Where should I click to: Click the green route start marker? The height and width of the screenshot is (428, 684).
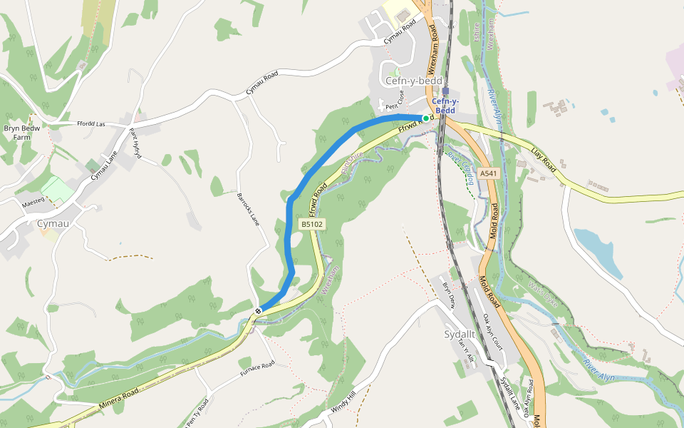click(426, 118)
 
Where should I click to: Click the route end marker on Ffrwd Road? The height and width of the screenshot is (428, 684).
click(258, 310)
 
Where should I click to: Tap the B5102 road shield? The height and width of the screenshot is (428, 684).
click(312, 224)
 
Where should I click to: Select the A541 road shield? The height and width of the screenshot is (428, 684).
click(488, 173)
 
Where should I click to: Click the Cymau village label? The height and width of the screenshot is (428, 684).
click(53, 224)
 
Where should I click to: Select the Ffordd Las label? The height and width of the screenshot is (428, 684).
click(91, 124)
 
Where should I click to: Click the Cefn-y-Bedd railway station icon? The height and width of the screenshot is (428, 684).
click(445, 91)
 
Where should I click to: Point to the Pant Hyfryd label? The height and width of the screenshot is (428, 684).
click(135, 143)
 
